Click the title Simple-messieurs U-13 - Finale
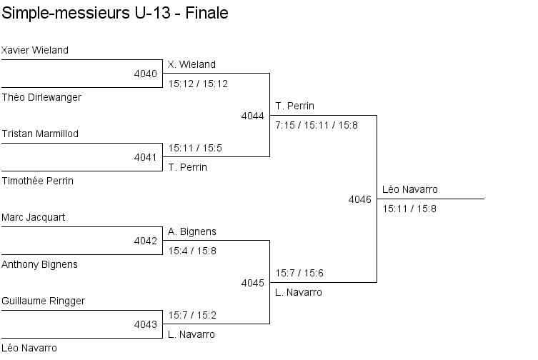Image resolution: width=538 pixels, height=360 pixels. click(x=115, y=14)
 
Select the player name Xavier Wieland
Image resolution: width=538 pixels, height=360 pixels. click(x=35, y=50)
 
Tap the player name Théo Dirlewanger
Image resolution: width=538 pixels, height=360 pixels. click(x=41, y=97)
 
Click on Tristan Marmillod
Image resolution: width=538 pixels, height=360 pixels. click(x=40, y=134)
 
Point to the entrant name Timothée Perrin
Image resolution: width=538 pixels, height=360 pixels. click(x=38, y=181)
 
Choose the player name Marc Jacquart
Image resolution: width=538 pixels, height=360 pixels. click(x=34, y=217)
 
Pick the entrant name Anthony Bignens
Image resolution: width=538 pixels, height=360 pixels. click(x=40, y=264)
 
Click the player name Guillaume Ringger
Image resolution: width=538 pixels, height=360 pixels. click(x=44, y=301)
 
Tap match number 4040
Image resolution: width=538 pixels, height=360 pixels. click(x=145, y=74)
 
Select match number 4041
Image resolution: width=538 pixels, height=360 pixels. click(x=145, y=157)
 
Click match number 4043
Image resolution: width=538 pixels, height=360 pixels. click(x=145, y=324)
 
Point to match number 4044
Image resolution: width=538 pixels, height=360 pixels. click(x=252, y=116)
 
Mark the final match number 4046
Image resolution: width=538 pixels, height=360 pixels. click(x=359, y=199)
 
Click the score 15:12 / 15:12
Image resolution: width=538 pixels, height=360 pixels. click(x=198, y=84)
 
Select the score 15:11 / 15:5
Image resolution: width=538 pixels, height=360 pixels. click(x=195, y=148)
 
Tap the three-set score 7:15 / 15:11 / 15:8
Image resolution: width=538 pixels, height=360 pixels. click(x=317, y=125)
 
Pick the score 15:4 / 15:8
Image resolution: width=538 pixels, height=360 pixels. click(x=192, y=251)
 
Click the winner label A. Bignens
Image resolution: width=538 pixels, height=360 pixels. click(x=192, y=231)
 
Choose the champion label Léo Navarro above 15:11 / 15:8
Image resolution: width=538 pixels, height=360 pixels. click(x=410, y=189)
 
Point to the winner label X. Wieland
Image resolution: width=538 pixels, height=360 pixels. click(x=191, y=64)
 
